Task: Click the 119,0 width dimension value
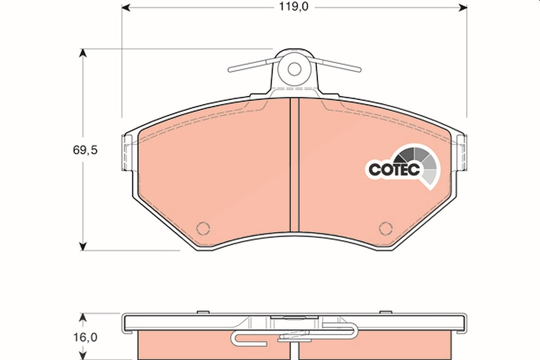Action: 293,7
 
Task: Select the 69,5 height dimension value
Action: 85,150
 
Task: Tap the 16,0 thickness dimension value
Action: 85,337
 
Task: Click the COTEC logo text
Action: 394,170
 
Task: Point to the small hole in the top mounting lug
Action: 294,69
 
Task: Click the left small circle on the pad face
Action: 203,228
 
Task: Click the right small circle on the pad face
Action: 386,228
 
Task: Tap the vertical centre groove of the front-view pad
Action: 294,165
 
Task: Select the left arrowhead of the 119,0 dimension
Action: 126,8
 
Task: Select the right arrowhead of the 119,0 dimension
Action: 463,8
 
